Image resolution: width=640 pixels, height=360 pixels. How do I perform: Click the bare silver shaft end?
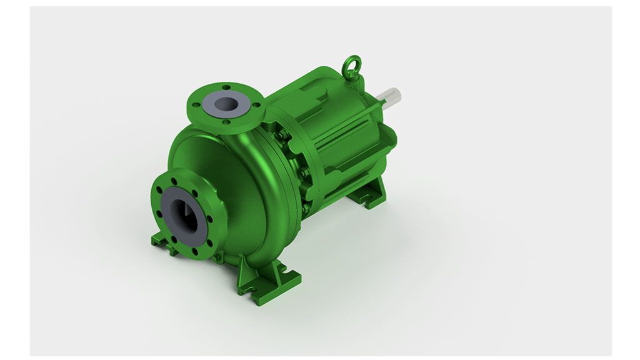(392, 97)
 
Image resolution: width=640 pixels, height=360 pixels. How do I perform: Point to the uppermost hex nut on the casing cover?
(282, 135)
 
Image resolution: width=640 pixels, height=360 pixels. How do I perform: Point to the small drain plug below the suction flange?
(216, 258)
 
